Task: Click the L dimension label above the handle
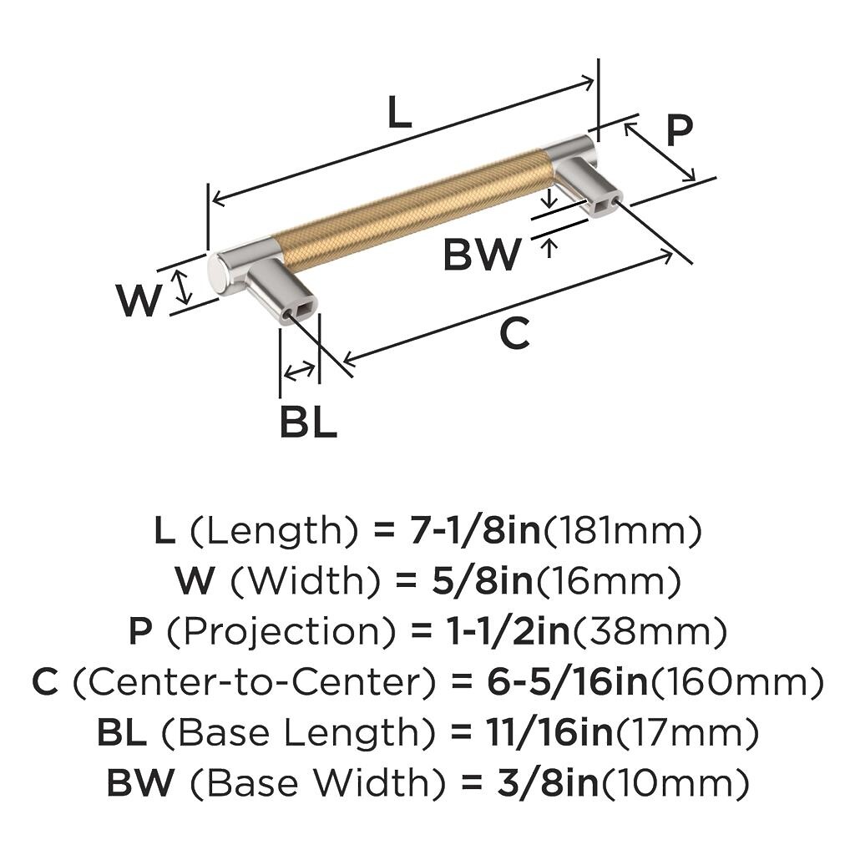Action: (399, 112)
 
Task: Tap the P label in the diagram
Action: (680, 131)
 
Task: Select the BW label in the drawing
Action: (482, 254)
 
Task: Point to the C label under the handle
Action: (514, 334)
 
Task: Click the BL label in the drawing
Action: (308, 421)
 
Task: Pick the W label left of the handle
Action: (139, 300)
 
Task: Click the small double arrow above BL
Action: (300, 372)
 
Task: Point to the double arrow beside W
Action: (183, 288)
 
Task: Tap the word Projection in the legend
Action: (281, 633)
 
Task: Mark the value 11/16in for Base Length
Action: (549, 733)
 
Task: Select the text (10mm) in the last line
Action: (675, 783)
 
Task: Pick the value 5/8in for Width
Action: (483, 582)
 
